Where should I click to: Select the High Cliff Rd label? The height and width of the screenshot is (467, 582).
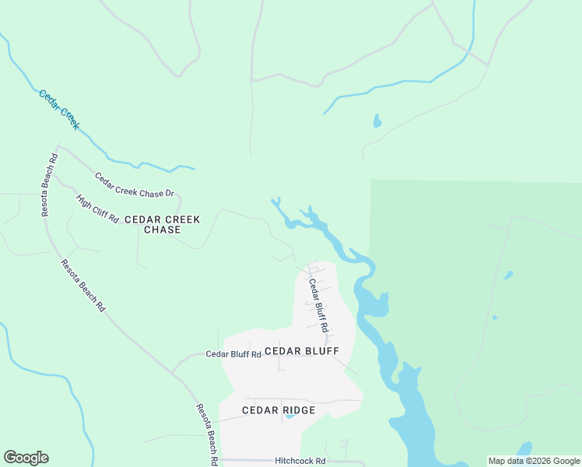tap(97, 208)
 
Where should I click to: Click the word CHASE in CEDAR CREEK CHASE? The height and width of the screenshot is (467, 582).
tap(163, 230)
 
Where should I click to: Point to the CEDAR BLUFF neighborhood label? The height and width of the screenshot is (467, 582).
tap(302, 351)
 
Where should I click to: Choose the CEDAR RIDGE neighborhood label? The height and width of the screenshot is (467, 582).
tap(279, 410)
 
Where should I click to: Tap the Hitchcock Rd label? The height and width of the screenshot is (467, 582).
tap(300, 461)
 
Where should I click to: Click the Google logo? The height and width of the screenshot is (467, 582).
tap(26, 458)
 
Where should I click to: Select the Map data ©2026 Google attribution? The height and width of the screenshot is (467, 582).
tap(534, 461)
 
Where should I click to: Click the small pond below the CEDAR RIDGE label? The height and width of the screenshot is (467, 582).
tap(289, 416)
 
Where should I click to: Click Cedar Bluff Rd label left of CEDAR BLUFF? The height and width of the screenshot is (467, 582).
tap(233, 353)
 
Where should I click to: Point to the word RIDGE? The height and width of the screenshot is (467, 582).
tap(300, 410)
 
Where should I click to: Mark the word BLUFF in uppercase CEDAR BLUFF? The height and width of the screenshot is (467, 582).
tap(321, 351)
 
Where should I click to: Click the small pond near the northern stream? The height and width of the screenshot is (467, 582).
tap(377, 121)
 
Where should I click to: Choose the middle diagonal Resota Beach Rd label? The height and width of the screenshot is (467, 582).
tap(83, 286)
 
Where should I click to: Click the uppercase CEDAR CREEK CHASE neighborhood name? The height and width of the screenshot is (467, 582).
tap(163, 224)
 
